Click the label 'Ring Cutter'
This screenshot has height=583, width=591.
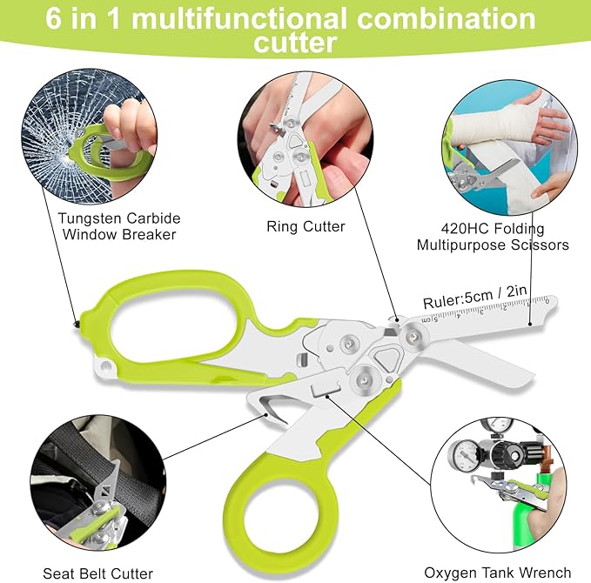pyautogui.click(x=306, y=226)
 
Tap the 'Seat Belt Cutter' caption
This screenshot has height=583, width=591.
pyautogui.click(x=98, y=573)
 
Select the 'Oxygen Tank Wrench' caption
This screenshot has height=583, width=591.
pyautogui.click(x=498, y=573)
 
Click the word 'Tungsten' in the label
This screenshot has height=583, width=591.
pyautogui.click(x=90, y=218)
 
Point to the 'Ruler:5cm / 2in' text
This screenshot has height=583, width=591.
pyautogui.click(x=474, y=297)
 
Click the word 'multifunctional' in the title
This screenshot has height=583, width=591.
pyautogui.click(x=239, y=18)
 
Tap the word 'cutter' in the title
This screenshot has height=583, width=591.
pyautogui.click(x=295, y=42)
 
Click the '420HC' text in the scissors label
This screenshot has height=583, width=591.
pyautogui.click(x=465, y=229)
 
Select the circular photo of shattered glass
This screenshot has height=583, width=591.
pyautogui.click(x=89, y=137)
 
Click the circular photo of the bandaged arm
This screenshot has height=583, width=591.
pyautogui.click(x=509, y=147)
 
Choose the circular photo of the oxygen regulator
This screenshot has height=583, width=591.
pyautogui.click(x=498, y=485)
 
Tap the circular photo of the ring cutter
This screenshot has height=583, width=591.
pyautogui.click(x=306, y=139)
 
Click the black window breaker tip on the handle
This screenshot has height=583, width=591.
pyautogui.click(x=77, y=324)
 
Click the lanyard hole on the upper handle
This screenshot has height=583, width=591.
pyautogui.click(x=105, y=365)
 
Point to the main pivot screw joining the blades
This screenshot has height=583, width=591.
pyautogui.click(x=413, y=335)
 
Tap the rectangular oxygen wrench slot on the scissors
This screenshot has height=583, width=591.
pyautogui.click(x=325, y=389)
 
